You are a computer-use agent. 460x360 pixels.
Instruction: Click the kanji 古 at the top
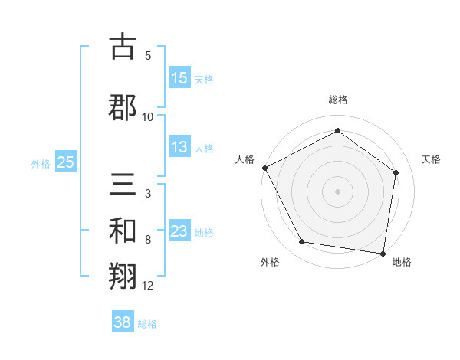[x=123, y=47]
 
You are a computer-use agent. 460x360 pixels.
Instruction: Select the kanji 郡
[x=123, y=106]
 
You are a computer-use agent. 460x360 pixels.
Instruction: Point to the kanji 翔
[x=123, y=277]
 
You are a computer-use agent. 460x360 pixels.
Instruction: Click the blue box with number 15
[x=179, y=78]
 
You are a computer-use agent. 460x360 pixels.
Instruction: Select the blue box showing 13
[x=179, y=147]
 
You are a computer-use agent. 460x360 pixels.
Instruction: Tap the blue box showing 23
[x=179, y=231]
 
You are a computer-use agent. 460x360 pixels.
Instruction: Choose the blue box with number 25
[x=66, y=162]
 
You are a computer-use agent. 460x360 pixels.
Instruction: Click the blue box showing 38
[x=123, y=322]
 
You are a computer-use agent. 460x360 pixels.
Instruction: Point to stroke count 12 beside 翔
[x=148, y=286]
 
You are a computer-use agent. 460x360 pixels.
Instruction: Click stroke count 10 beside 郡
[x=148, y=116]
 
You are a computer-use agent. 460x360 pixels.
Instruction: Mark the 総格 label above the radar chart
[x=338, y=100]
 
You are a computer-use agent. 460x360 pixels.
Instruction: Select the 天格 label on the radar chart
[x=432, y=159]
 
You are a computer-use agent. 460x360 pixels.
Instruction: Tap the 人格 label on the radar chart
[x=245, y=159]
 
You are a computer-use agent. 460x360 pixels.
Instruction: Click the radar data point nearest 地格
[x=383, y=253]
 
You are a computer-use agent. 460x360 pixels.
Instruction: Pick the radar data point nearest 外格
[x=302, y=242]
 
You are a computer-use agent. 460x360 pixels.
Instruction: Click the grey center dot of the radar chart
[x=338, y=191]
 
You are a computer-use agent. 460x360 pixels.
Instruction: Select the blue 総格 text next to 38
[x=147, y=324]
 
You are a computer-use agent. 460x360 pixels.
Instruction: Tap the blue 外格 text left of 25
[x=41, y=163]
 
